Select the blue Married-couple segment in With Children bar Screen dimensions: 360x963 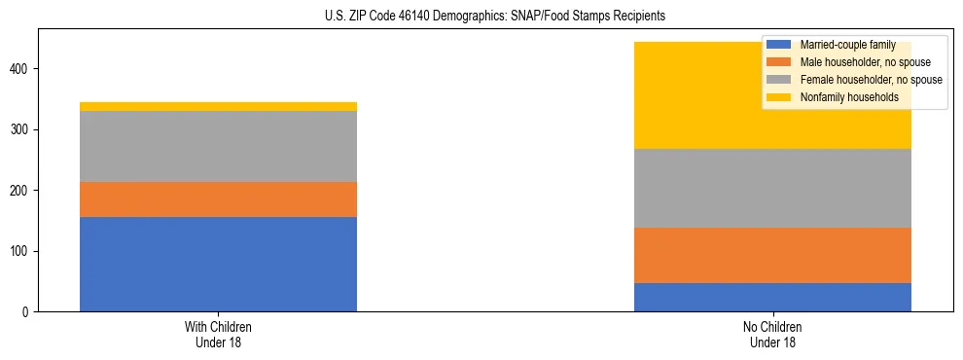point(218,264)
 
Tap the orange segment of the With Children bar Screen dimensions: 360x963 point(218,199)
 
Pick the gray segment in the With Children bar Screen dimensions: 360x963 point(218,146)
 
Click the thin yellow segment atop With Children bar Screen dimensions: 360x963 point(218,106)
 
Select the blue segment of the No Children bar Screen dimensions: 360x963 point(772,297)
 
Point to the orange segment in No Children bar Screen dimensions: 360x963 point(772,255)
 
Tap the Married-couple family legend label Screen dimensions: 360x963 point(844,45)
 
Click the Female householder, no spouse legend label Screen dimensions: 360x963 point(869,80)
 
